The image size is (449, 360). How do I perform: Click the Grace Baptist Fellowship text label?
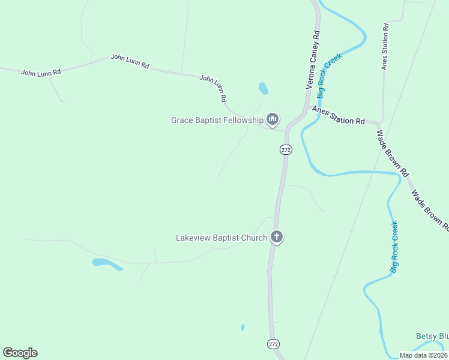click(x=217, y=120)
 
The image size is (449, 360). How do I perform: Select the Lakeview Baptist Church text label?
click(x=221, y=238)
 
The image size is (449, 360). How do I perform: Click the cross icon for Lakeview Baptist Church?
click(x=277, y=237)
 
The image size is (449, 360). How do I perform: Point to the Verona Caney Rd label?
click(x=313, y=61)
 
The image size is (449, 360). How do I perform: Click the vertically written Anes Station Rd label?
click(x=385, y=47)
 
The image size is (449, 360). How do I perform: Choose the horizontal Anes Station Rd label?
click(x=338, y=116)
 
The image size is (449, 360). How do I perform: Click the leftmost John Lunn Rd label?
click(x=41, y=72)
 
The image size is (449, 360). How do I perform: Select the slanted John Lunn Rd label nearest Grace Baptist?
click(x=213, y=88)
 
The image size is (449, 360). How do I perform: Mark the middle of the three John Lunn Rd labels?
click(x=130, y=61)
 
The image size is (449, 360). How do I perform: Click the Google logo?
click(x=20, y=353)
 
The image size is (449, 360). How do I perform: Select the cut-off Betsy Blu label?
click(x=432, y=337)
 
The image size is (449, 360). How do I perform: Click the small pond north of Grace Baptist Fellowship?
click(x=263, y=89)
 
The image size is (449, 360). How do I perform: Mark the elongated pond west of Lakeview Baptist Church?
click(x=106, y=264)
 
